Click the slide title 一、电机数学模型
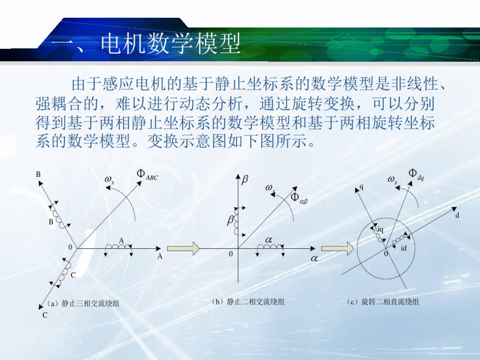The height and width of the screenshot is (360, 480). (x=146, y=43)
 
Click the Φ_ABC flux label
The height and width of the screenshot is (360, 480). (x=147, y=175)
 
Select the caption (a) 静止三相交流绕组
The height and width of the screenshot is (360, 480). (x=83, y=304)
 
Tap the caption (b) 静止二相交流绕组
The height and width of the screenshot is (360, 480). (x=248, y=302)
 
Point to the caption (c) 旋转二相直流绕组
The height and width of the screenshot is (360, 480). (x=383, y=302)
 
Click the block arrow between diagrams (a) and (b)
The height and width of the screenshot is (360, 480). (x=183, y=249)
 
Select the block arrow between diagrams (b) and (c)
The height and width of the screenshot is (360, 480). (x=338, y=249)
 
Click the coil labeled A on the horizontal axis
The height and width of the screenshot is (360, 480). (x=118, y=246)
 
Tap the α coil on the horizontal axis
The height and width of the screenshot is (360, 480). (x=270, y=246)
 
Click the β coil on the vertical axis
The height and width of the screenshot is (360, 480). (x=236, y=221)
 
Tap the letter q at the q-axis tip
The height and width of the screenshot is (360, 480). (x=361, y=187)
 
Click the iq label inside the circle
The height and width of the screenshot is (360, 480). (x=381, y=230)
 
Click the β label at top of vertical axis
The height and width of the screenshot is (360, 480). (x=245, y=180)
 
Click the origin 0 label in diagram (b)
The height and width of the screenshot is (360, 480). (x=231, y=254)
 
